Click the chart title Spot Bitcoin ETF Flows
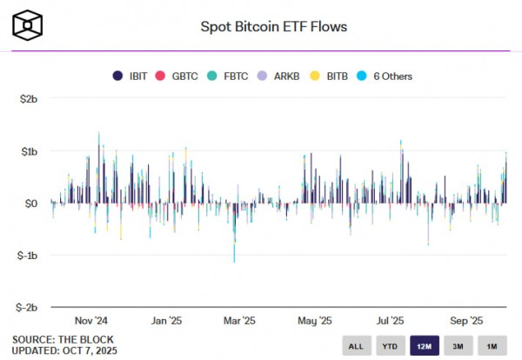[x=273, y=26]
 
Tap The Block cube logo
[x=29, y=26]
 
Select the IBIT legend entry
[x=132, y=76]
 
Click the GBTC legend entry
[x=177, y=76]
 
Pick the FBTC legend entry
[x=228, y=76]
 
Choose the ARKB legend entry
[x=278, y=76]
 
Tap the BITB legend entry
[x=329, y=76]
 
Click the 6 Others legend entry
[x=386, y=76]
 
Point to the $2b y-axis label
[x=29, y=99]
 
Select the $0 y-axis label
[x=31, y=203]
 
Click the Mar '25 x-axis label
[x=238, y=320]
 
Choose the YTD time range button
[x=389, y=346]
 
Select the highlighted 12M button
[x=424, y=346]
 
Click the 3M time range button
[x=458, y=346]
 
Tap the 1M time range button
[x=492, y=346]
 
